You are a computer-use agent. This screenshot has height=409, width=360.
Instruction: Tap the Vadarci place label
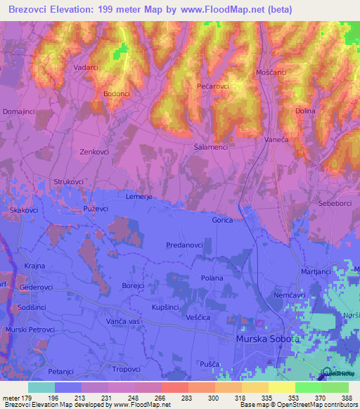pyautogui.click(x=86, y=67)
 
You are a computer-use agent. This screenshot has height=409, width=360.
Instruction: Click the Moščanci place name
pyautogui.click(x=271, y=73)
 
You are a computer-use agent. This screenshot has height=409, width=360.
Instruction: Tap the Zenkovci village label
pyautogui.click(x=94, y=151)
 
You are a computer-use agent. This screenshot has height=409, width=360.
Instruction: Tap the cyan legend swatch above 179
pyautogui.click(x=41, y=387)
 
